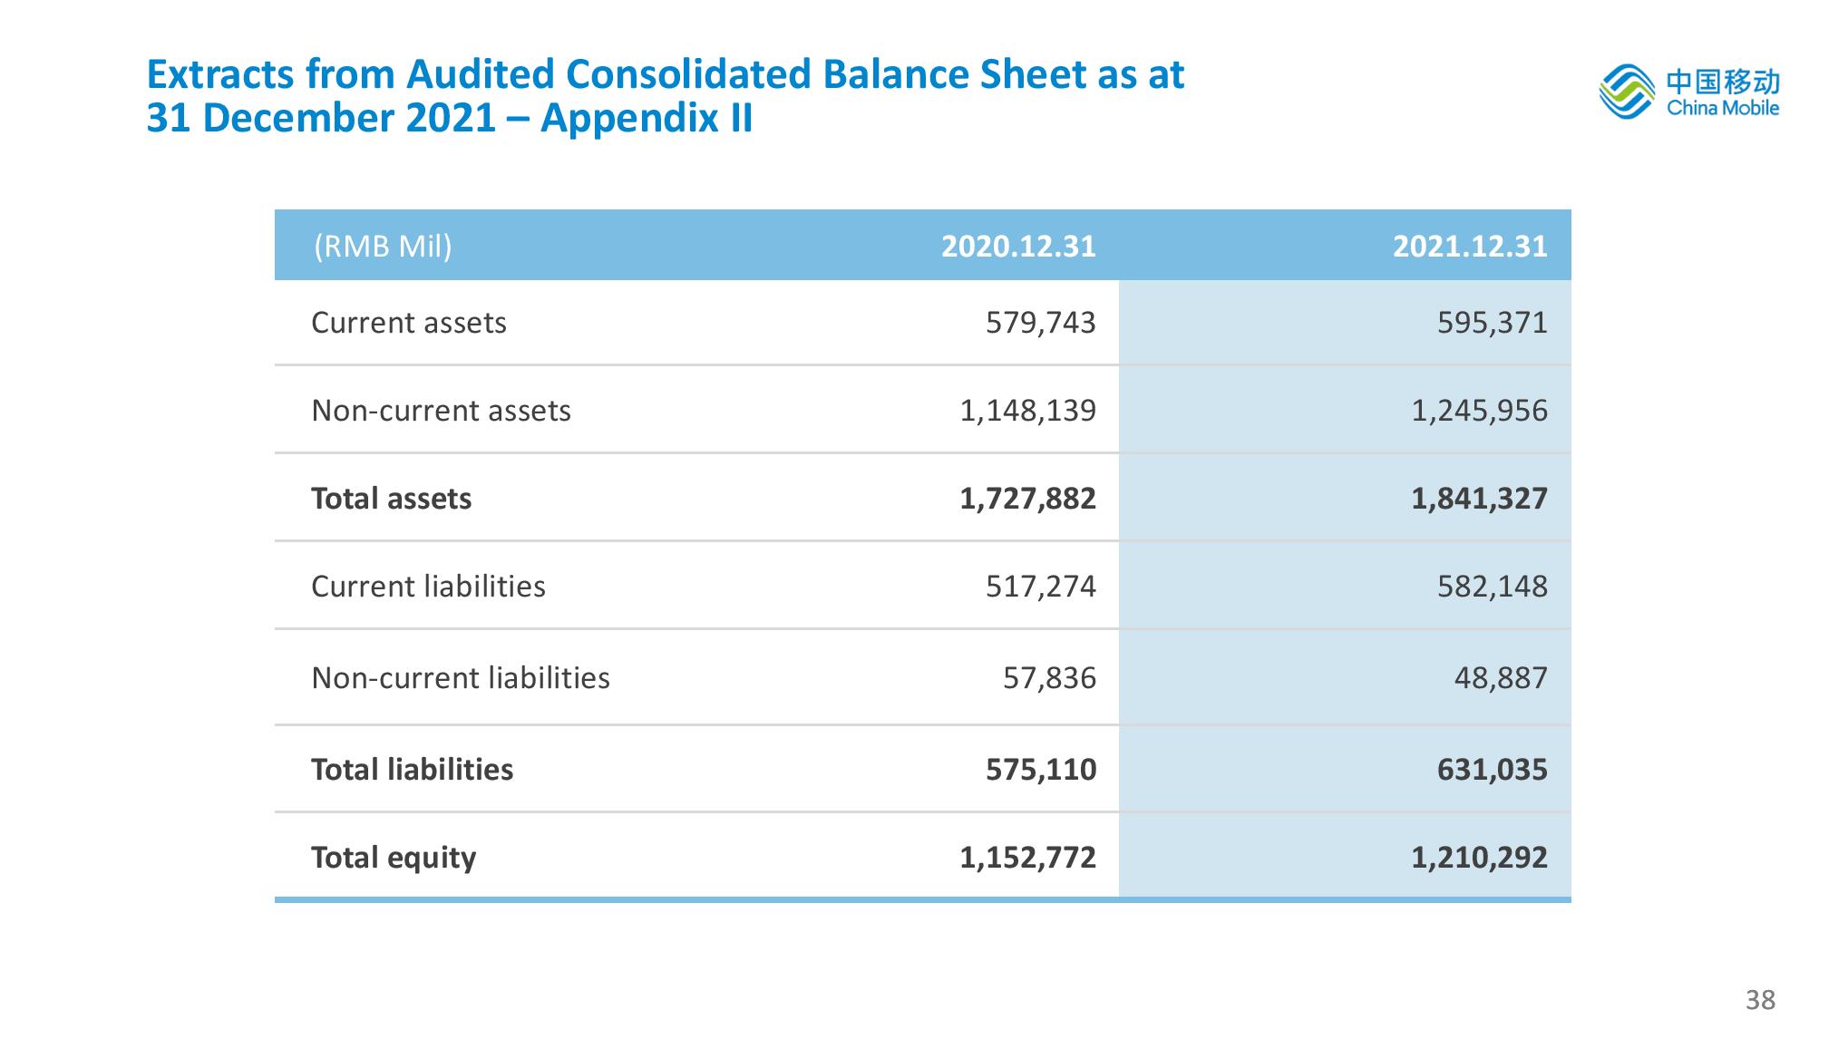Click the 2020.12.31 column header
[x=1018, y=247]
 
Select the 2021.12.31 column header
[x=1470, y=247]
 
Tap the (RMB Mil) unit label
[x=383, y=247]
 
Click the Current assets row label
[x=409, y=323]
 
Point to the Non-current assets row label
[x=441, y=411]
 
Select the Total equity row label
[x=394, y=858]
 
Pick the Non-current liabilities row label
[x=461, y=678]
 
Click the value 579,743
[x=1041, y=323]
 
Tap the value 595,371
[x=1493, y=323]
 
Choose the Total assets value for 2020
[x=1028, y=499]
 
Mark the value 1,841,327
[x=1480, y=499]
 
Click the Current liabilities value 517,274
[x=1041, y=587]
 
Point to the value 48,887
[x=1502, y=678]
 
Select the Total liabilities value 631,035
[x=1493, y=770]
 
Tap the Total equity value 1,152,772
[x=1028, y=858]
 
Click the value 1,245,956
[x=1480, y=411]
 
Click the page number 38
[x=1760, y=1000]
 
